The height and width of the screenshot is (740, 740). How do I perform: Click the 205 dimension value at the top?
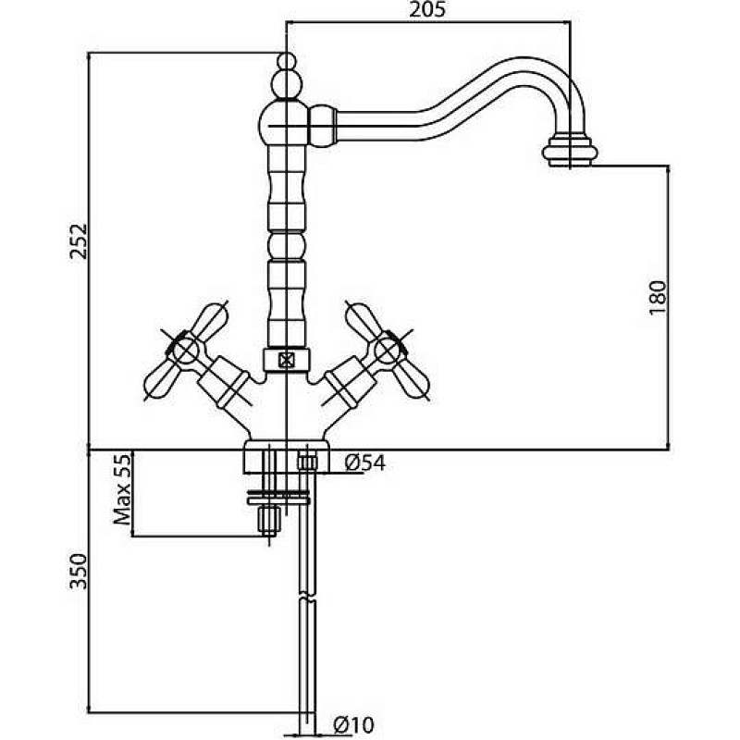426,9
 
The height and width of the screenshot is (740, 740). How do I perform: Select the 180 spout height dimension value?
658,297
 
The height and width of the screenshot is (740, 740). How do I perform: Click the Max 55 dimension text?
122,489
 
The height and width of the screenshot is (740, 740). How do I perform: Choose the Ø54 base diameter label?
364,463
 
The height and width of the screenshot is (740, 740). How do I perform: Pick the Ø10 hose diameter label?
353,724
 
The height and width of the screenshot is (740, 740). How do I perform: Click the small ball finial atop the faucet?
287,62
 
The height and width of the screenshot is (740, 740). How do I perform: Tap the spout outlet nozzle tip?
570,151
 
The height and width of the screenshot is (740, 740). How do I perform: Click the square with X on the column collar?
286,361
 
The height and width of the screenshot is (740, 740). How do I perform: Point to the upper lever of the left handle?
210,320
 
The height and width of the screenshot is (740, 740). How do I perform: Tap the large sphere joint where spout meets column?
284,125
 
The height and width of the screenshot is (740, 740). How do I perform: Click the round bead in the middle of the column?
287,245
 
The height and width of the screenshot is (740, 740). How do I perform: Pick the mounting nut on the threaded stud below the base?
269,520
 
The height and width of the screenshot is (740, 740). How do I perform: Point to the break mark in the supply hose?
307,597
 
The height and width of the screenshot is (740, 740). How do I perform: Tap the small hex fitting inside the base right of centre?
307,462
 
